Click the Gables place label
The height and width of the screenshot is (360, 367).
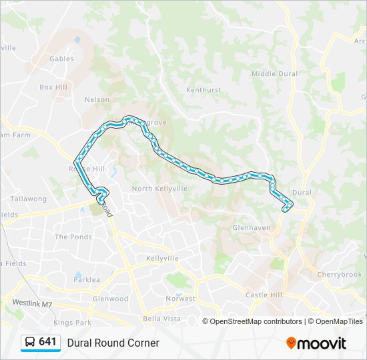[x=61, y=59]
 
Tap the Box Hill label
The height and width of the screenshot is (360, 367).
[x=53, y=87]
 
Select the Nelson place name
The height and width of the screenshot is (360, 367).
[x=97, y=100]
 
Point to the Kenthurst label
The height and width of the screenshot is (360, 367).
[x=203, y=89]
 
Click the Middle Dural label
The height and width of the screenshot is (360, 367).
[x=274, y=74]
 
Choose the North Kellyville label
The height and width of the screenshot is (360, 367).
[x=159, y=189]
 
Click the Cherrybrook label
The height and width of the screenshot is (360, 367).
[x=339, y=275]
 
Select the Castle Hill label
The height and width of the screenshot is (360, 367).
[x=264, y=295]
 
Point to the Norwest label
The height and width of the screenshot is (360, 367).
[x=181, y=299]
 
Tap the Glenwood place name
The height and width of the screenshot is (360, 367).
[x=110, y=299]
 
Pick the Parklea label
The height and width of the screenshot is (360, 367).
[x=87, y=280]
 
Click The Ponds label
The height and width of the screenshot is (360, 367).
[x=73, y=237]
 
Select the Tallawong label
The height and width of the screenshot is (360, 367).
[x=28, y=199]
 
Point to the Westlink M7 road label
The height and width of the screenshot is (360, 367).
[x=32, y=303]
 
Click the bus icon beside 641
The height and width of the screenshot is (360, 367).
[x=30, y=342]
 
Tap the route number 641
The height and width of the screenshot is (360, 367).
[x=47, y=342]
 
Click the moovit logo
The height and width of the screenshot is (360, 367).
[x=316, y=343]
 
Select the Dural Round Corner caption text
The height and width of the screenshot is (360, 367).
[x=113, y=343]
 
